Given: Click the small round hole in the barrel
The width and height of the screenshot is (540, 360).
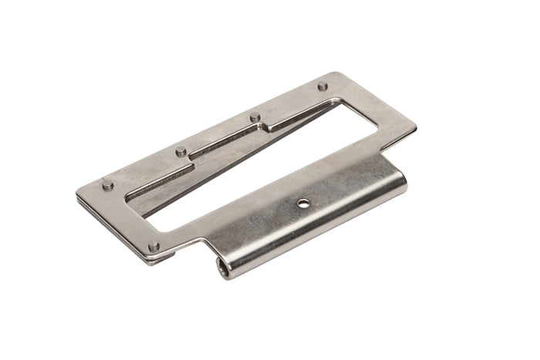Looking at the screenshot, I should coord(305,204).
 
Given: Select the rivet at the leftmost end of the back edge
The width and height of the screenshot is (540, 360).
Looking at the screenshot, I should coord(107,185).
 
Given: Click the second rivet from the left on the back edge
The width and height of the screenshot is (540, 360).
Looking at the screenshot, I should coord(181,151).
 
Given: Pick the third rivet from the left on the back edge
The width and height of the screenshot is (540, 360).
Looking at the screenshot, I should coord(255,117).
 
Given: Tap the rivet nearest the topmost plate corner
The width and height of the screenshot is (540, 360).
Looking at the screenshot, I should coord(322,86).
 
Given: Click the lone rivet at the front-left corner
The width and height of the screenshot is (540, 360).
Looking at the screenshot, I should coord(154,247).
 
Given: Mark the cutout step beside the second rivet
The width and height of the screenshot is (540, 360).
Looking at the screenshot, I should coord(190,158).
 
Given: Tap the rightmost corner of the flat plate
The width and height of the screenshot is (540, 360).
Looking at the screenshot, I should coord(415,125).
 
